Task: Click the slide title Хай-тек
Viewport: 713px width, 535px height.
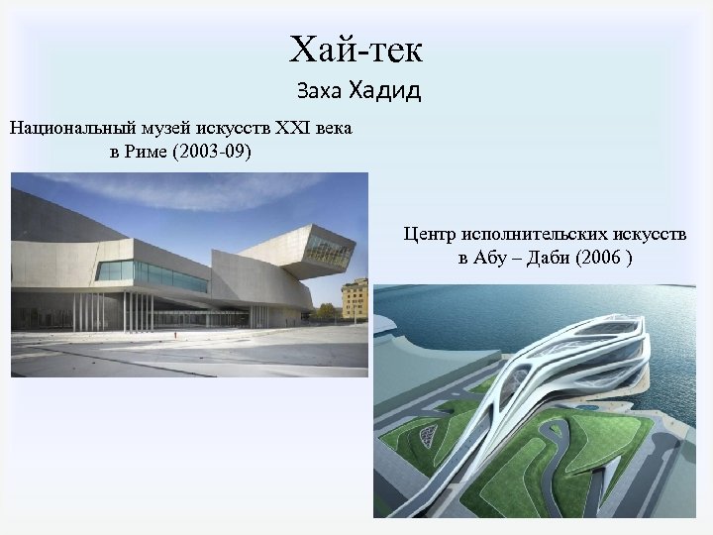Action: point(356,48)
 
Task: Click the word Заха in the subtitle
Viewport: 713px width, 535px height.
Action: point(319,92)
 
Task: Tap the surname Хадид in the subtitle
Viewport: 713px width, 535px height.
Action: point(384,91)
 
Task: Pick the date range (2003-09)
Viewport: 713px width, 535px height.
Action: point(215,153)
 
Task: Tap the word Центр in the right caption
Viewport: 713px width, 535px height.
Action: point(427,235)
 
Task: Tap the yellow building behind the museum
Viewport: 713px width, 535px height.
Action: point(355,297)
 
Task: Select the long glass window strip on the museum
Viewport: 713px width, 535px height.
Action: point(158,272)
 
